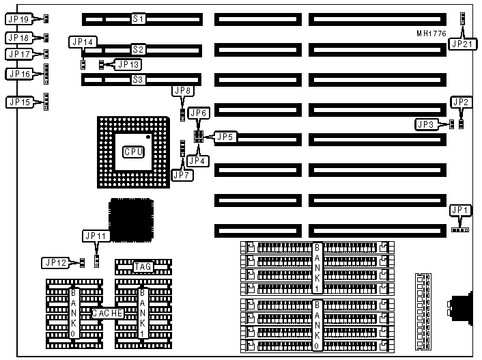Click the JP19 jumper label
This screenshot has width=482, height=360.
click(18, 19)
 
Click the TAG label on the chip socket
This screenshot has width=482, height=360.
click(143, 267)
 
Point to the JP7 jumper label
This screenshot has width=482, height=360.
click(182, 175)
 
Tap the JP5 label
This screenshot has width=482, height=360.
click(227, 136)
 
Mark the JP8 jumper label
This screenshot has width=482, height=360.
click(183, 91)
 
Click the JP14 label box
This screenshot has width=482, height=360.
click(83, 42)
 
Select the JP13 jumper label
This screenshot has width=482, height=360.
click(128, 65)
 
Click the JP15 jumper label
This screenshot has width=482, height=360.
click(19, 102)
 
